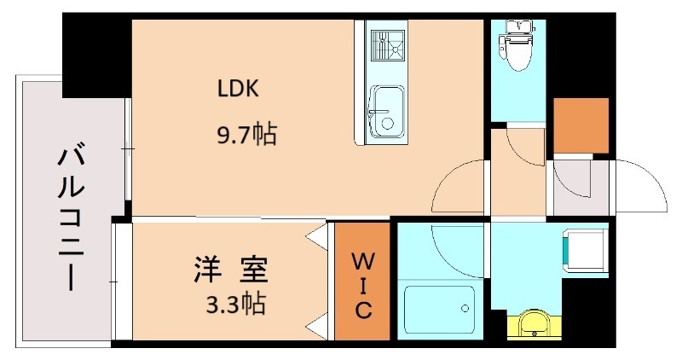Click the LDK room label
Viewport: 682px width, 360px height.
(240, 88)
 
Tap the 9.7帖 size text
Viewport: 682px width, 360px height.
(247, 134)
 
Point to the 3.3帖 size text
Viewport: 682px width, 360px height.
(233, 303)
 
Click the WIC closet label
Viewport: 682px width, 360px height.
(362, 283)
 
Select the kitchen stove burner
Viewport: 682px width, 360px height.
(388, 44)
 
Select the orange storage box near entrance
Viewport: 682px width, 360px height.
(581, 125)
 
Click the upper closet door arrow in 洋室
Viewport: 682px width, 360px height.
(317, 232)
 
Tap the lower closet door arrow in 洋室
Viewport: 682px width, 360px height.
(317, 325)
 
